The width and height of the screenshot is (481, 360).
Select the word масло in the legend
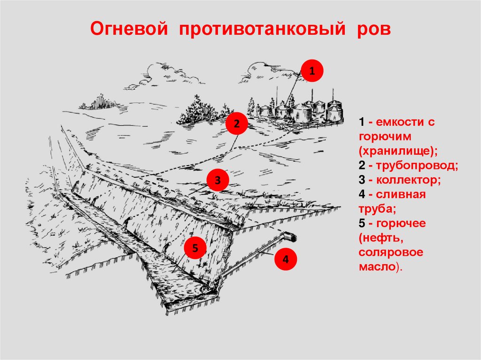pyautogui.click(x=377, y=267)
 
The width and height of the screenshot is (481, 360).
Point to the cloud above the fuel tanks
pyautogui.click(x=268, y=70)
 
